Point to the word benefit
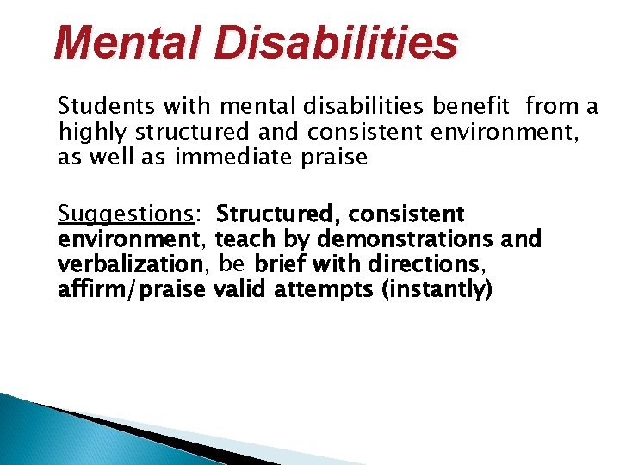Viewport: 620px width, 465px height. click(x=472, y=106)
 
